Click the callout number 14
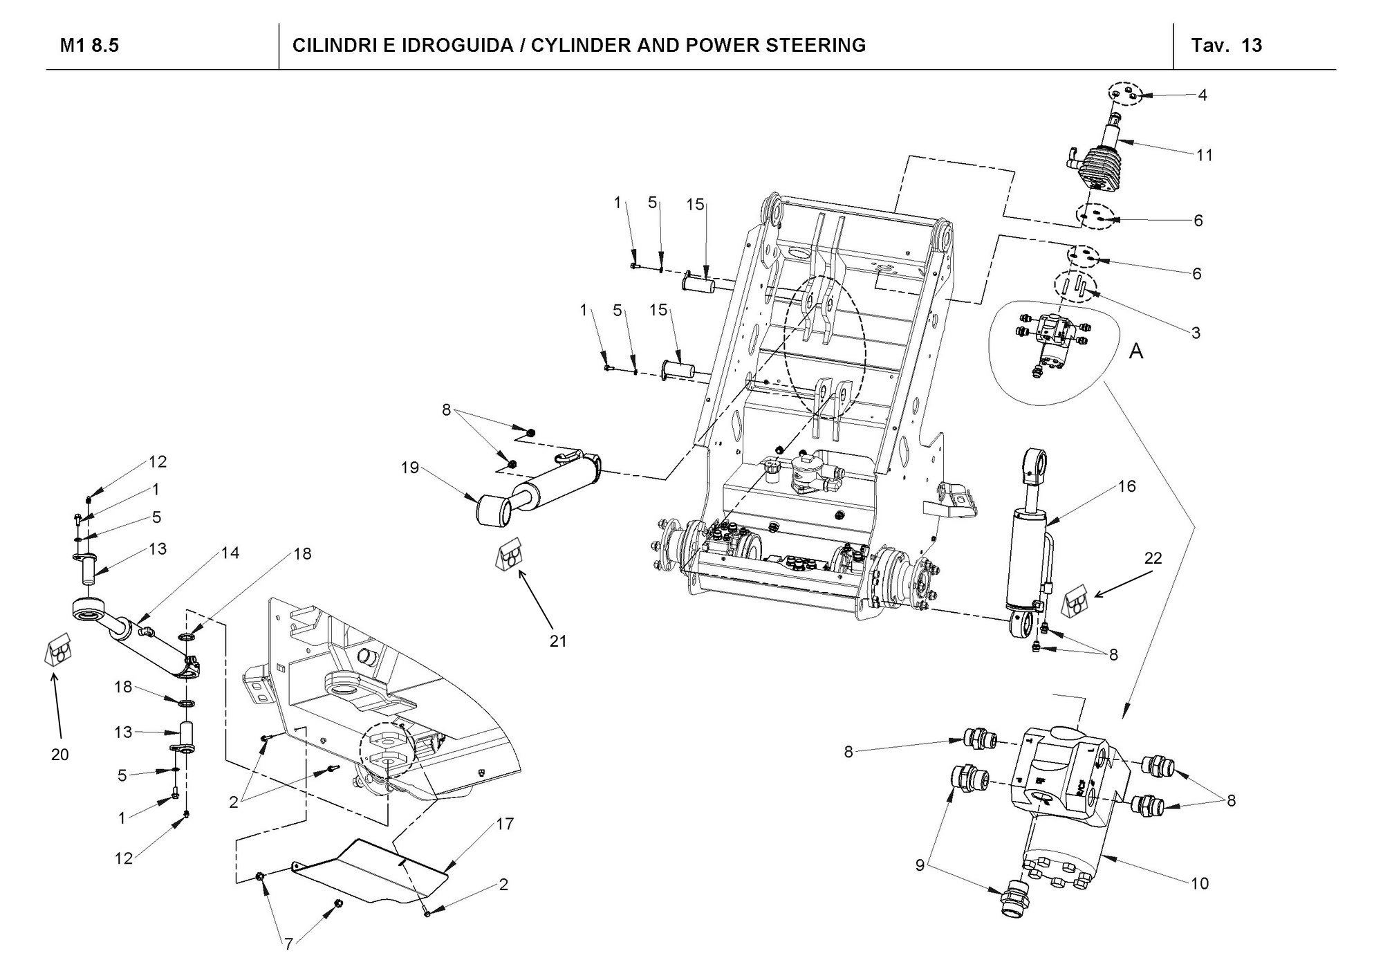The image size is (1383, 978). point(230,553)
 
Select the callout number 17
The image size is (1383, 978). point(505,824)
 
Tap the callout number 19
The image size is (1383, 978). point(411,468)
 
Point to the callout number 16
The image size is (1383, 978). point(1127,486)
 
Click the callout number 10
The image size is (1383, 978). point(1200,883)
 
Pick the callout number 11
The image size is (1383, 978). point(1205,156)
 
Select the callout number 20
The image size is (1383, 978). point(60,755)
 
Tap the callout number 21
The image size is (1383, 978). point(558,641)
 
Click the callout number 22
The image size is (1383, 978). point(1153,557)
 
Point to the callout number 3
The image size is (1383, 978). point(1196,333)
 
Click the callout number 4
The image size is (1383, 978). point(1203,95)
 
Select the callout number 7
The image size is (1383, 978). point(289,945)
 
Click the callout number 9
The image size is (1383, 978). point(920,865)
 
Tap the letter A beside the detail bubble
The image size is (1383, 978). point(1136,351)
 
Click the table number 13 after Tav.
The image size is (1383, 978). point(1252,46)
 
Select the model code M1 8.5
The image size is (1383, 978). point(90,46)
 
